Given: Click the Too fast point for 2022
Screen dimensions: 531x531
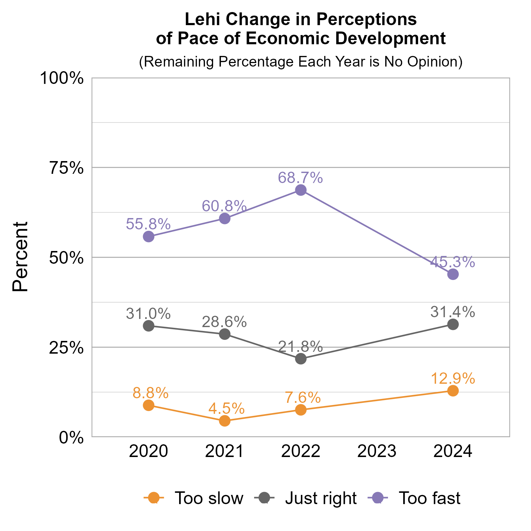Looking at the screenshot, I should (x=301, y=190).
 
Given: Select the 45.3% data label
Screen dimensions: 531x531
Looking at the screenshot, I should (x=452, y=262).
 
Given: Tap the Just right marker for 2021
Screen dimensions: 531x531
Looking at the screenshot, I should (x=225, y=334).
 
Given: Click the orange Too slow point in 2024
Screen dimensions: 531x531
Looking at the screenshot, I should (x=453, y=390).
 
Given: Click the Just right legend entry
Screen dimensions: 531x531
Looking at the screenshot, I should (x=306, y=498).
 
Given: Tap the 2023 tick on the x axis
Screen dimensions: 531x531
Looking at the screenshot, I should (x=377, y=451).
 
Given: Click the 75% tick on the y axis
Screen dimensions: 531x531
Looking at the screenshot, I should (x=66, y=168).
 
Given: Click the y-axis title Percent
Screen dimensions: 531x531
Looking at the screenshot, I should (x=20, y=257).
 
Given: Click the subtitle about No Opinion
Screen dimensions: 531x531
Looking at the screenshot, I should (x=301, y=62).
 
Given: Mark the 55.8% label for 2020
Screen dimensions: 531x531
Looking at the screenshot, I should (x=148, y=224).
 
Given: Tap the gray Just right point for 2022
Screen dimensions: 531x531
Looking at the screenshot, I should (x=301, y=359).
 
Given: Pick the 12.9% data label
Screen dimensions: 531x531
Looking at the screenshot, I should (x=453, y=379).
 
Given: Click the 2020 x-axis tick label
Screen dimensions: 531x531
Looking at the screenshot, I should (x=148, y=451).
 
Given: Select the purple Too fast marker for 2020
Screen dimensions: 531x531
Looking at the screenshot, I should (x=149, y=236).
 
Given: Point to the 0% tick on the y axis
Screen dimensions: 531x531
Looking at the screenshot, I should (x=72, y=438).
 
